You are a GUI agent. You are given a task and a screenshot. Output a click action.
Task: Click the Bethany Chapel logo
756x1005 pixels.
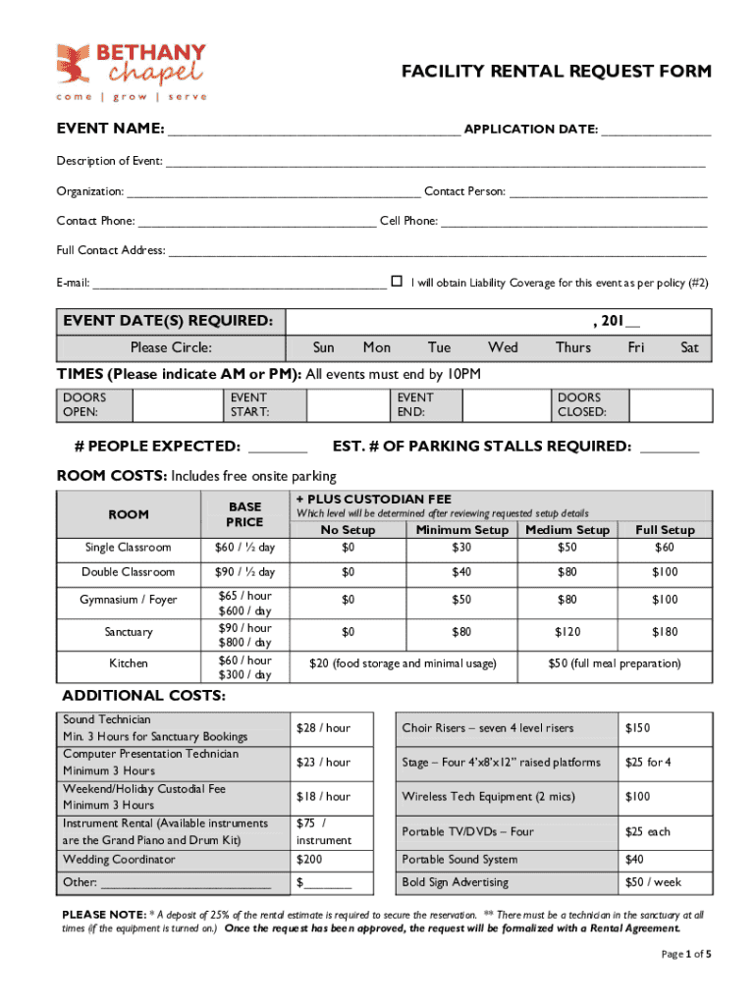pyautogui.click(x=132, y=71)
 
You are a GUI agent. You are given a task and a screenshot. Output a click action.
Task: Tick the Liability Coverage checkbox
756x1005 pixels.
pyautogui.click(x=397, y=281)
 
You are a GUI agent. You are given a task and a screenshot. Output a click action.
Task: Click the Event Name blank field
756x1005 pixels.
pyautogui.click(x=313, y=131)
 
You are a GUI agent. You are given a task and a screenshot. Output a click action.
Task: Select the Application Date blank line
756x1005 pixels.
pyautogui.click(x=656, y=131)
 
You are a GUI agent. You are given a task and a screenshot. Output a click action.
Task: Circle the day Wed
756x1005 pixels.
pyautogui.click(x=503, y=347)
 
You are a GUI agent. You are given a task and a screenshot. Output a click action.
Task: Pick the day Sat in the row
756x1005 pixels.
pyautogui.click(x=689, y=347)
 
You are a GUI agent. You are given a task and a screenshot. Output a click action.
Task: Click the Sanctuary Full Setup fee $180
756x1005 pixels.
pyautogui.click(x=665, y=633)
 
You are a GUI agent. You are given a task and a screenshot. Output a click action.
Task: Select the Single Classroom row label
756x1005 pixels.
pyautogui.click(x=128, y=548)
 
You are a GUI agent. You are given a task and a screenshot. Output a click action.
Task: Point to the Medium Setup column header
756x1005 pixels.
pyautogui.click(x=567, y=530)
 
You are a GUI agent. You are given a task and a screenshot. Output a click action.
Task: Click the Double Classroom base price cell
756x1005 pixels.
pyautogui.click(x=244, y=572)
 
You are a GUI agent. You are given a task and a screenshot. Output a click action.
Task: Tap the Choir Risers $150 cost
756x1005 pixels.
pyautogui.click(x=639, y=728)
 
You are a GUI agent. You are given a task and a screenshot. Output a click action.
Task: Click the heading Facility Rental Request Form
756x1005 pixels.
pyautogui.click(x=557, y=73)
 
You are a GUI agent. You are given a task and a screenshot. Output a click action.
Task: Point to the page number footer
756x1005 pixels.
pyautogui.click(x=685, y=954)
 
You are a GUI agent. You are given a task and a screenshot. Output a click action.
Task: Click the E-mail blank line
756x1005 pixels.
pyautogui.click(x=239, y=284)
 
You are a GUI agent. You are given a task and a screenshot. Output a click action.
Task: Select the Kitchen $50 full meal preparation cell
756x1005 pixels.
pyautogui.click(x=614, y=664)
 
